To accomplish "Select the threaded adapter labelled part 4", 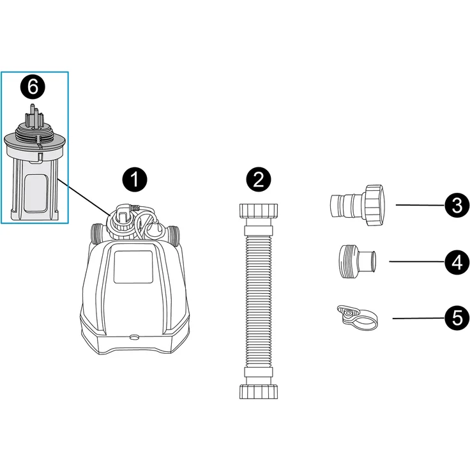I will click(x=356, y=261).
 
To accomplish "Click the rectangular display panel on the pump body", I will click(x=133, y=267).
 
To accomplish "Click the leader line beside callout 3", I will click(x=419, y=205).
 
